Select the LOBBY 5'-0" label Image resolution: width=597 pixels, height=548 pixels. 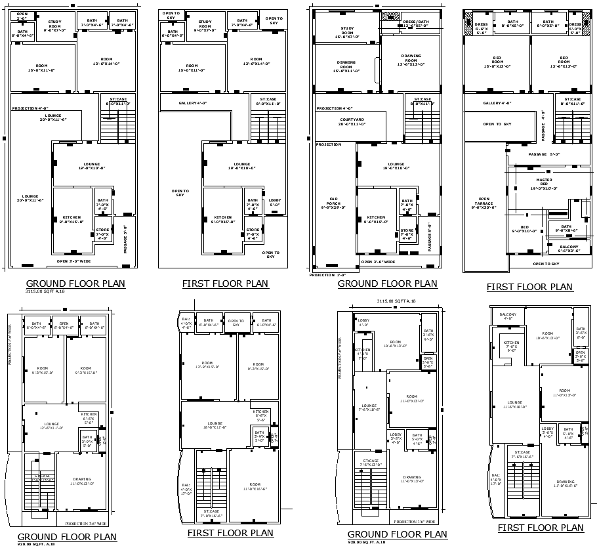pyautogui.click(x=274, y=202)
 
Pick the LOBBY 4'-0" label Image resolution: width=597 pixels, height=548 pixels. pyautogui.click(x=363, y=322)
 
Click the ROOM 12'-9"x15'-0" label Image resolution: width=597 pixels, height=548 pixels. pyautogui.click(x=207, y=366)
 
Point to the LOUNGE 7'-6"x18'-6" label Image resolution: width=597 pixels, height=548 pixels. pyautogui.click(x=369, y=408)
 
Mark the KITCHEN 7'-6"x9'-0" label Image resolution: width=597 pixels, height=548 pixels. pyautogui.click(x=511, y=345)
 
